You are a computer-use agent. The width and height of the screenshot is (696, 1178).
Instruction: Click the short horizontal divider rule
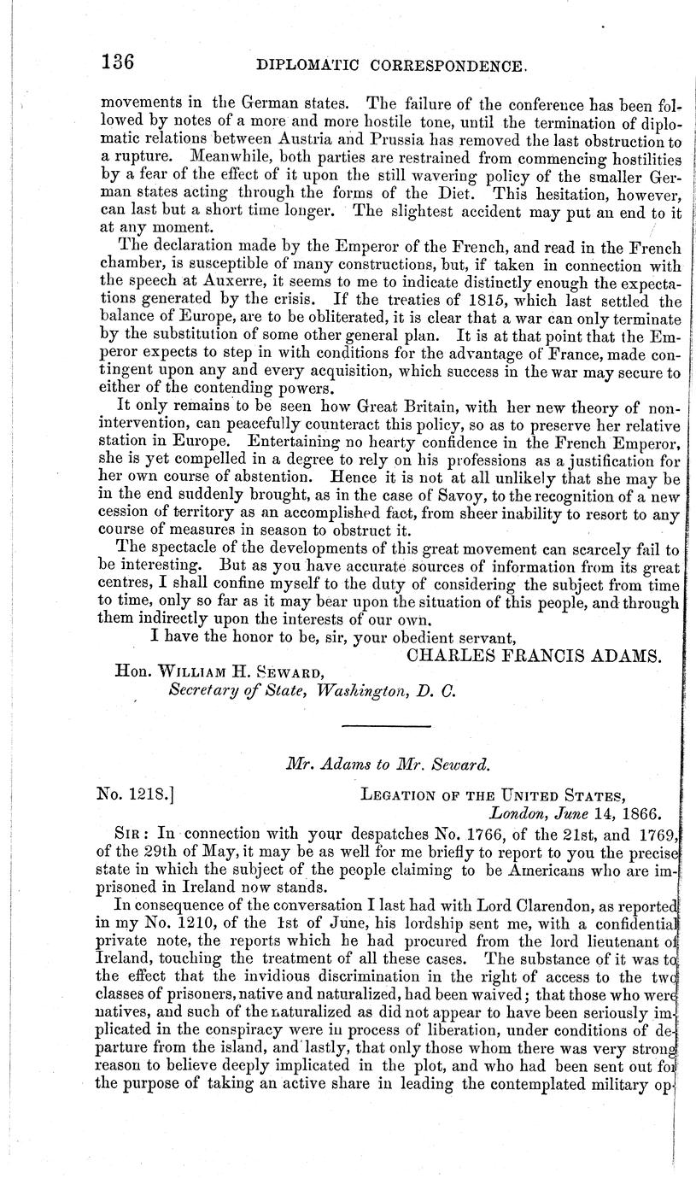386,726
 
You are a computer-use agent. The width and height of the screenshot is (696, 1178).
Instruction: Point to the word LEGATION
401,796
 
